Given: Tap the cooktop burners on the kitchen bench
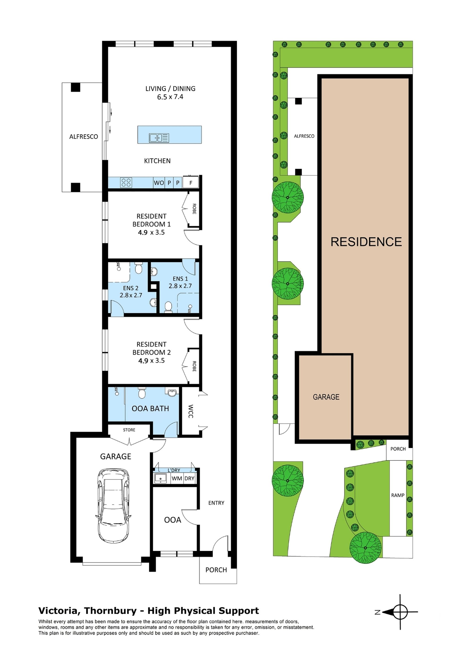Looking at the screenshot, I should pyautogui.click(x=126, y=182).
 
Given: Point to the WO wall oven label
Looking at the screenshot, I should pyautogui.click(x=159, y=183).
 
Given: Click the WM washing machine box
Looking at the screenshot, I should pyautogui.click(x=177, y=478).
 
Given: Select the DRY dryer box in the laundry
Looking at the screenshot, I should pyautogui.click(x=190, y=478).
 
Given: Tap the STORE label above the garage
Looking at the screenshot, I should pyautogui.click(x=129, y=430).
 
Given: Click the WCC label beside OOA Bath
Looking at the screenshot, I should pyautogui.click(x=191, y=411).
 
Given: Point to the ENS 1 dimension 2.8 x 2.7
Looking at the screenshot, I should pyautogui.click(x=180, y=286).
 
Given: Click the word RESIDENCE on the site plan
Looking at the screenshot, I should pyautogui.click(x=366, y=242).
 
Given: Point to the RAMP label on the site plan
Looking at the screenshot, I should pyautogui.click(x=398, y=495).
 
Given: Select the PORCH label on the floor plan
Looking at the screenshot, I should pyautogui.click(x=216, y=570).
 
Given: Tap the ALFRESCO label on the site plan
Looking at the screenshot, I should pyautogui.click(x=304, y=136).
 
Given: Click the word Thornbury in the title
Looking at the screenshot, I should pyautogui.click(x=110, y=611).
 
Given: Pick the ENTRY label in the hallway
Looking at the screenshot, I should pyautogui.click(x=216, y=503).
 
